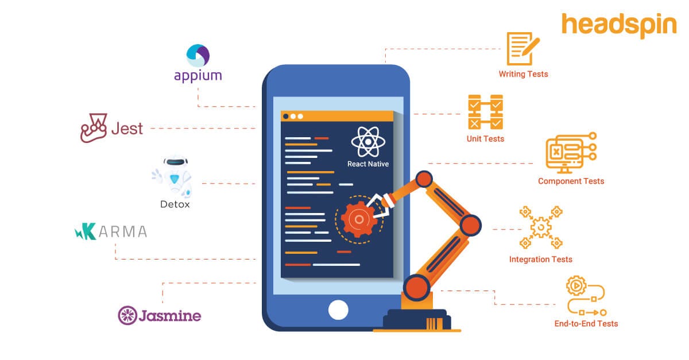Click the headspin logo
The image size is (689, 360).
pyautogui.click(x=619, y=26)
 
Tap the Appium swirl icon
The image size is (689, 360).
pyautogui.click(x=198, y=56)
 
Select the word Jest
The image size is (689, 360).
pyautogui.click(x=127, y=128)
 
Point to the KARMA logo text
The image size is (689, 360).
pyautogui.click(x=111, y=231)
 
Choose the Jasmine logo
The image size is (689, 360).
pyautogui.click(x=160, y=315)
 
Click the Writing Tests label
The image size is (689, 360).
pyautogui.click(x=523, y=74)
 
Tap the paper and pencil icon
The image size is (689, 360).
pyautogui.click(x=522, y=48)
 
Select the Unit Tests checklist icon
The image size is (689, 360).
pyautogui.click(x=485, y=113)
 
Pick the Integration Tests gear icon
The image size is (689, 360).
pyautogui.click(x=540, y=228)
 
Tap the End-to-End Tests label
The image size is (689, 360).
pyautogui.click(x=586, y=324)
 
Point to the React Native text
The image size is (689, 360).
pyautogui.click(x=368, y=164)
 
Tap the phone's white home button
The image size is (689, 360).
pyautogui.click(x=338, y=309)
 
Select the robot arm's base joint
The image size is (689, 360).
pyautogui.click(x=416, y=287)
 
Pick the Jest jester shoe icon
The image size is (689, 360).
pyautogui.click(x=94, y=128)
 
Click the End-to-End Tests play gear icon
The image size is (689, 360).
pyautogui.click(x=575, y=285)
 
